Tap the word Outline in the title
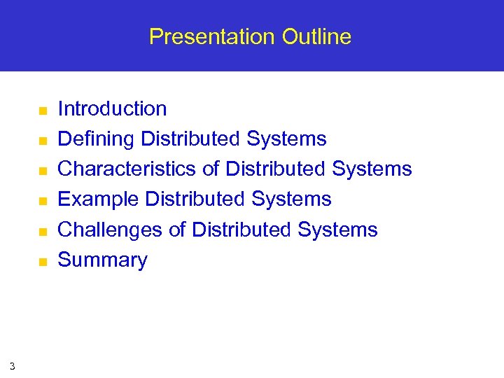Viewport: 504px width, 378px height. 316,36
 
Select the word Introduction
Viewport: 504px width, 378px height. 112,108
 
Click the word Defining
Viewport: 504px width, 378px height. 97,139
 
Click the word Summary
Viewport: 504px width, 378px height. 102,260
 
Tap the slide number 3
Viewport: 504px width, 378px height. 12,365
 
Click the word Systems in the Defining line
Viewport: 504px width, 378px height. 286,139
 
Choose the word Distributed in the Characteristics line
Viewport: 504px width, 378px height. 276,169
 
